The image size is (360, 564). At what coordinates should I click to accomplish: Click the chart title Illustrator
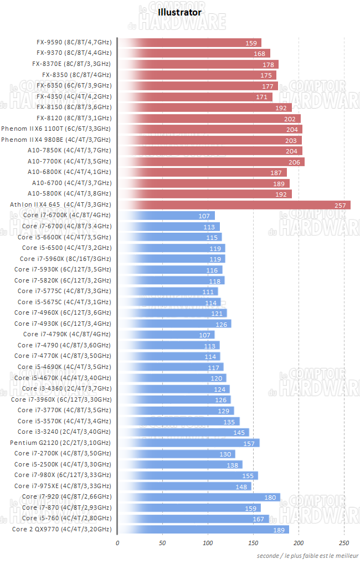pos(179,12)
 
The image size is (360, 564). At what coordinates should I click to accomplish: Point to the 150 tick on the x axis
pos(253,542)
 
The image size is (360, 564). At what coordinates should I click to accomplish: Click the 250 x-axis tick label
pos(344,542)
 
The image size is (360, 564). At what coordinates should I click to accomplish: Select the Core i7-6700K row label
pos(66,215)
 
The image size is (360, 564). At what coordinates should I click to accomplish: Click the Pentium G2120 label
pos(60,443)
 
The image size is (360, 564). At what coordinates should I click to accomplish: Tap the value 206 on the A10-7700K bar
pos(294,162)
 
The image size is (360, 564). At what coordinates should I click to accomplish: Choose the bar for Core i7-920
pos(199,497)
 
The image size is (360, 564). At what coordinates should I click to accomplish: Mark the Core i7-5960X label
pos(65,259)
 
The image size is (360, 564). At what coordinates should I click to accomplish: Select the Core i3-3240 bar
pos(183,432)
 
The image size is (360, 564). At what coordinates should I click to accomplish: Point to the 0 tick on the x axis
pos(117,542)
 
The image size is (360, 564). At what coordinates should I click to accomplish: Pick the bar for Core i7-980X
pos(188,475)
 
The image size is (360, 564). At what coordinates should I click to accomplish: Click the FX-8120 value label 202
pos(290,119)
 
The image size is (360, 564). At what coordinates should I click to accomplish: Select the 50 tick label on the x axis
pos(163,542)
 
